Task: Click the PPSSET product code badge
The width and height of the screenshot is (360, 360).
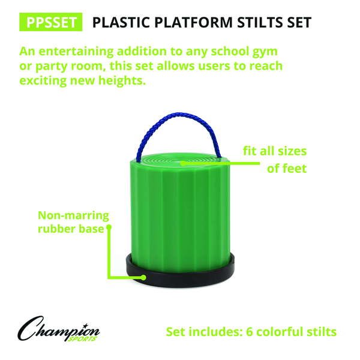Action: click(51, 22)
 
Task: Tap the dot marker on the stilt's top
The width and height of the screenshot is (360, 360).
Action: click(182, 163)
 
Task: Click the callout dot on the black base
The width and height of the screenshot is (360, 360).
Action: click(143, 278)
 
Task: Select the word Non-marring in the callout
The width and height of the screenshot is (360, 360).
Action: click(73, 215)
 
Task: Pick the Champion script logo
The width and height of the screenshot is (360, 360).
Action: click(59, 329)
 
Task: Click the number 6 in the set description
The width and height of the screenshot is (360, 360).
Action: click(250, 332)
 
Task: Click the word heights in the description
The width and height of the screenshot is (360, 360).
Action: click(122, 80)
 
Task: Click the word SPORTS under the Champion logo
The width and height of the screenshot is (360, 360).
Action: click(82, 339)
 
